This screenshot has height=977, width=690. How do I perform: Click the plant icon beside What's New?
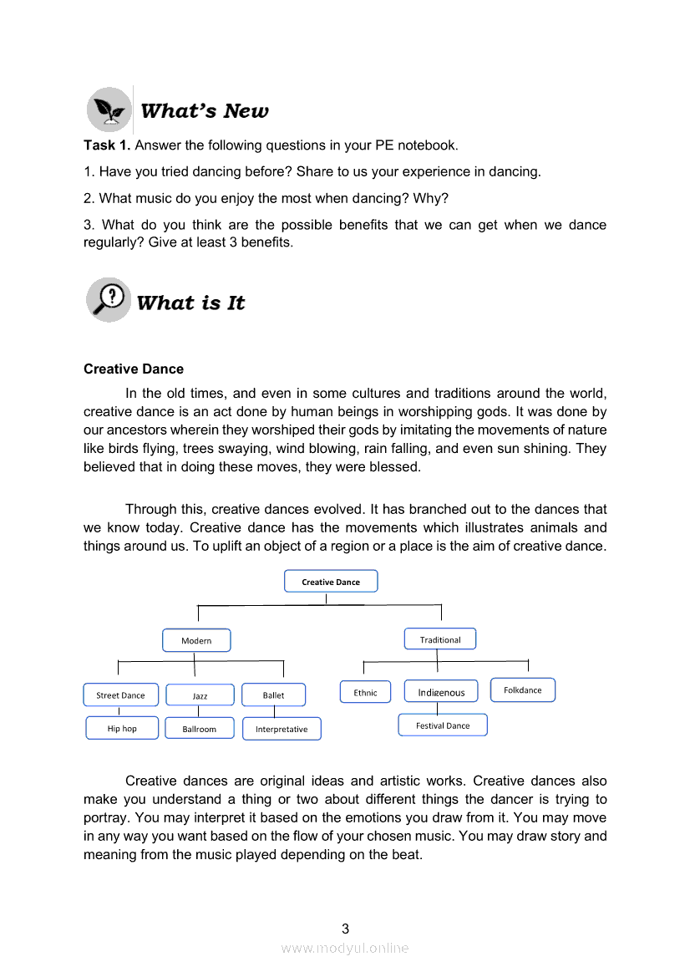[109, 109]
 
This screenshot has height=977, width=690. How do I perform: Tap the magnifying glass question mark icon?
[109, 300]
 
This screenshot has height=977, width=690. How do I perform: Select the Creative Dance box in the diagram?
[331, 582]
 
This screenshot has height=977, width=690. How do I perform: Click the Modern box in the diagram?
[196, 641]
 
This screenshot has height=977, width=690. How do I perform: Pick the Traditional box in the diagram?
[440, 639]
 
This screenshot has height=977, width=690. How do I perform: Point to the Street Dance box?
[120, 695]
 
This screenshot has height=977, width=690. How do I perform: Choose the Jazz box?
[200, 695]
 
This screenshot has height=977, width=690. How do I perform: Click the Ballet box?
[273, 695]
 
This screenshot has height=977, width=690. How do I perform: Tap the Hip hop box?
[122, 729]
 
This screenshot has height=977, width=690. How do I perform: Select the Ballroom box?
[200, 729]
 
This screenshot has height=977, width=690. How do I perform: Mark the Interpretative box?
[282, 729]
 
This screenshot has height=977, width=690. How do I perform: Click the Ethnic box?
[365, 692]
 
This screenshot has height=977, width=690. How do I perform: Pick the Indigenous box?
[441, 692]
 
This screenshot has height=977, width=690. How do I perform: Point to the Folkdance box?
[523, 690]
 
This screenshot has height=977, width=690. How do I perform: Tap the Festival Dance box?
[443, 725]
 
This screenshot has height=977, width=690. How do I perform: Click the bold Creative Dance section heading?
[134, 369]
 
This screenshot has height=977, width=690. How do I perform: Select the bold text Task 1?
[107, 145]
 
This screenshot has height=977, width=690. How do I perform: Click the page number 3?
[345, 929]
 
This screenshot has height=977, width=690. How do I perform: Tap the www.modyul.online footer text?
[345, 948]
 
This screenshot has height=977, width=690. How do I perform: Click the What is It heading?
[191, 303]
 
